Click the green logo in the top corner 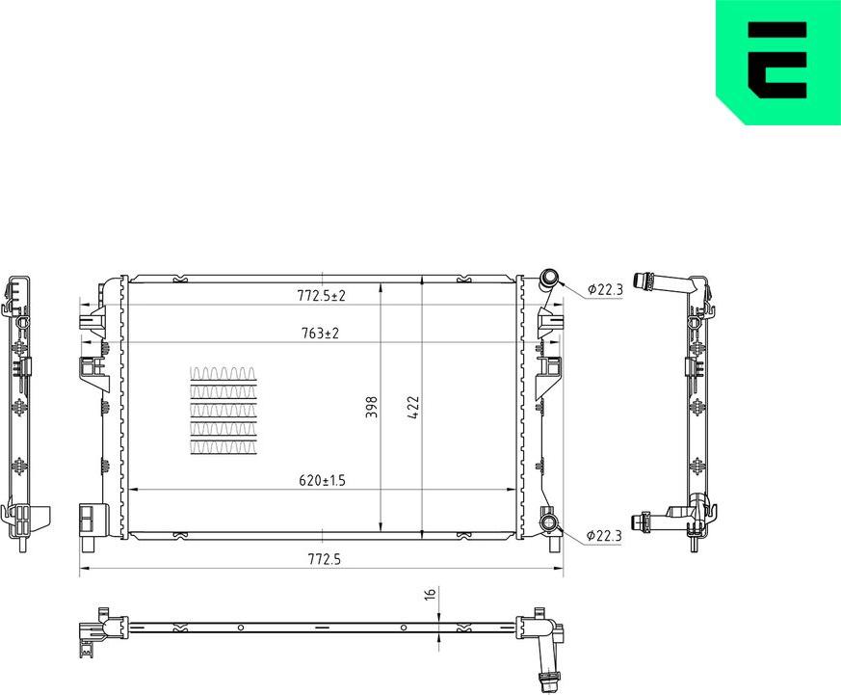point(778,62)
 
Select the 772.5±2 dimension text point(322,296)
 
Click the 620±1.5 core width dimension point(322,479)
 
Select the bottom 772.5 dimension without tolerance point(322,558)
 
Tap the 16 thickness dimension point(430,594)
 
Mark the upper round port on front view point(551,279)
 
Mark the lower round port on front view point(550,523)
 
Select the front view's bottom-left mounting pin point(89,544)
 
